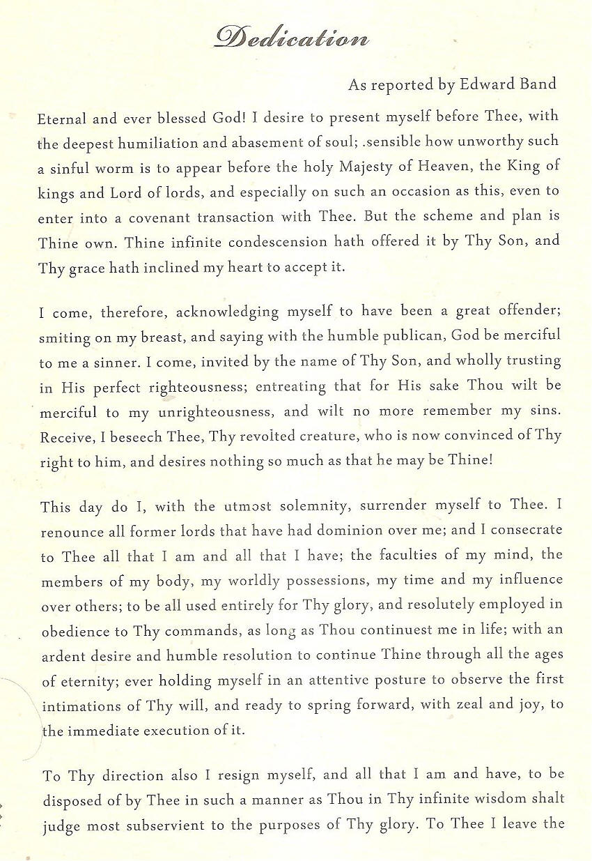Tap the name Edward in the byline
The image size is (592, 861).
[480, 84]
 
